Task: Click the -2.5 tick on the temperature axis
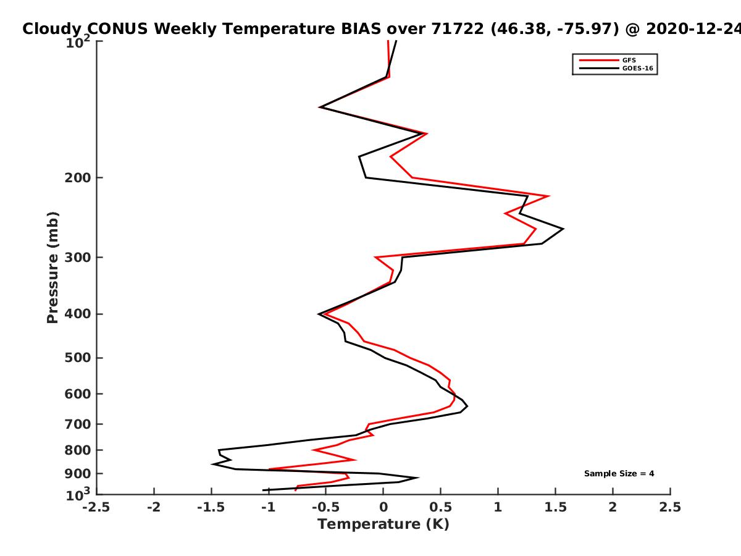pos(97,507)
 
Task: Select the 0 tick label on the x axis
pos(383,507)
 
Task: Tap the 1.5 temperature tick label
pos(555,507)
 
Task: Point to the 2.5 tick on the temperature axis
pos(670,507)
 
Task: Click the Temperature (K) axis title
pos(383,524)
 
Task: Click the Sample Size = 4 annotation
pos(619,474)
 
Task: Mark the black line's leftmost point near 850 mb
pos(212,464)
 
